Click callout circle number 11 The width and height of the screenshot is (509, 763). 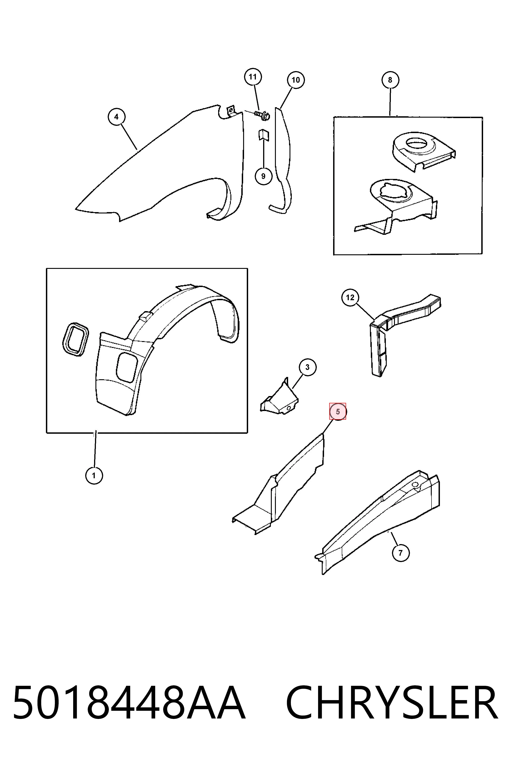coord(253,77)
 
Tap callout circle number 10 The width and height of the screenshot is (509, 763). coord(296,80)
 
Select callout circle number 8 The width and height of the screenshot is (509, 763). coord(390,80)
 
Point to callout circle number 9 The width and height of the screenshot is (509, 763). coord(263,176)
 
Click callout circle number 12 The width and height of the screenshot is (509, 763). coord(350,297)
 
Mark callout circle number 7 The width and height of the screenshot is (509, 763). coord(401,553)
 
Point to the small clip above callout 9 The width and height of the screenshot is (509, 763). coord(263,135)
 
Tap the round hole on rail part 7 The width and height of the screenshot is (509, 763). coord(415,484)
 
